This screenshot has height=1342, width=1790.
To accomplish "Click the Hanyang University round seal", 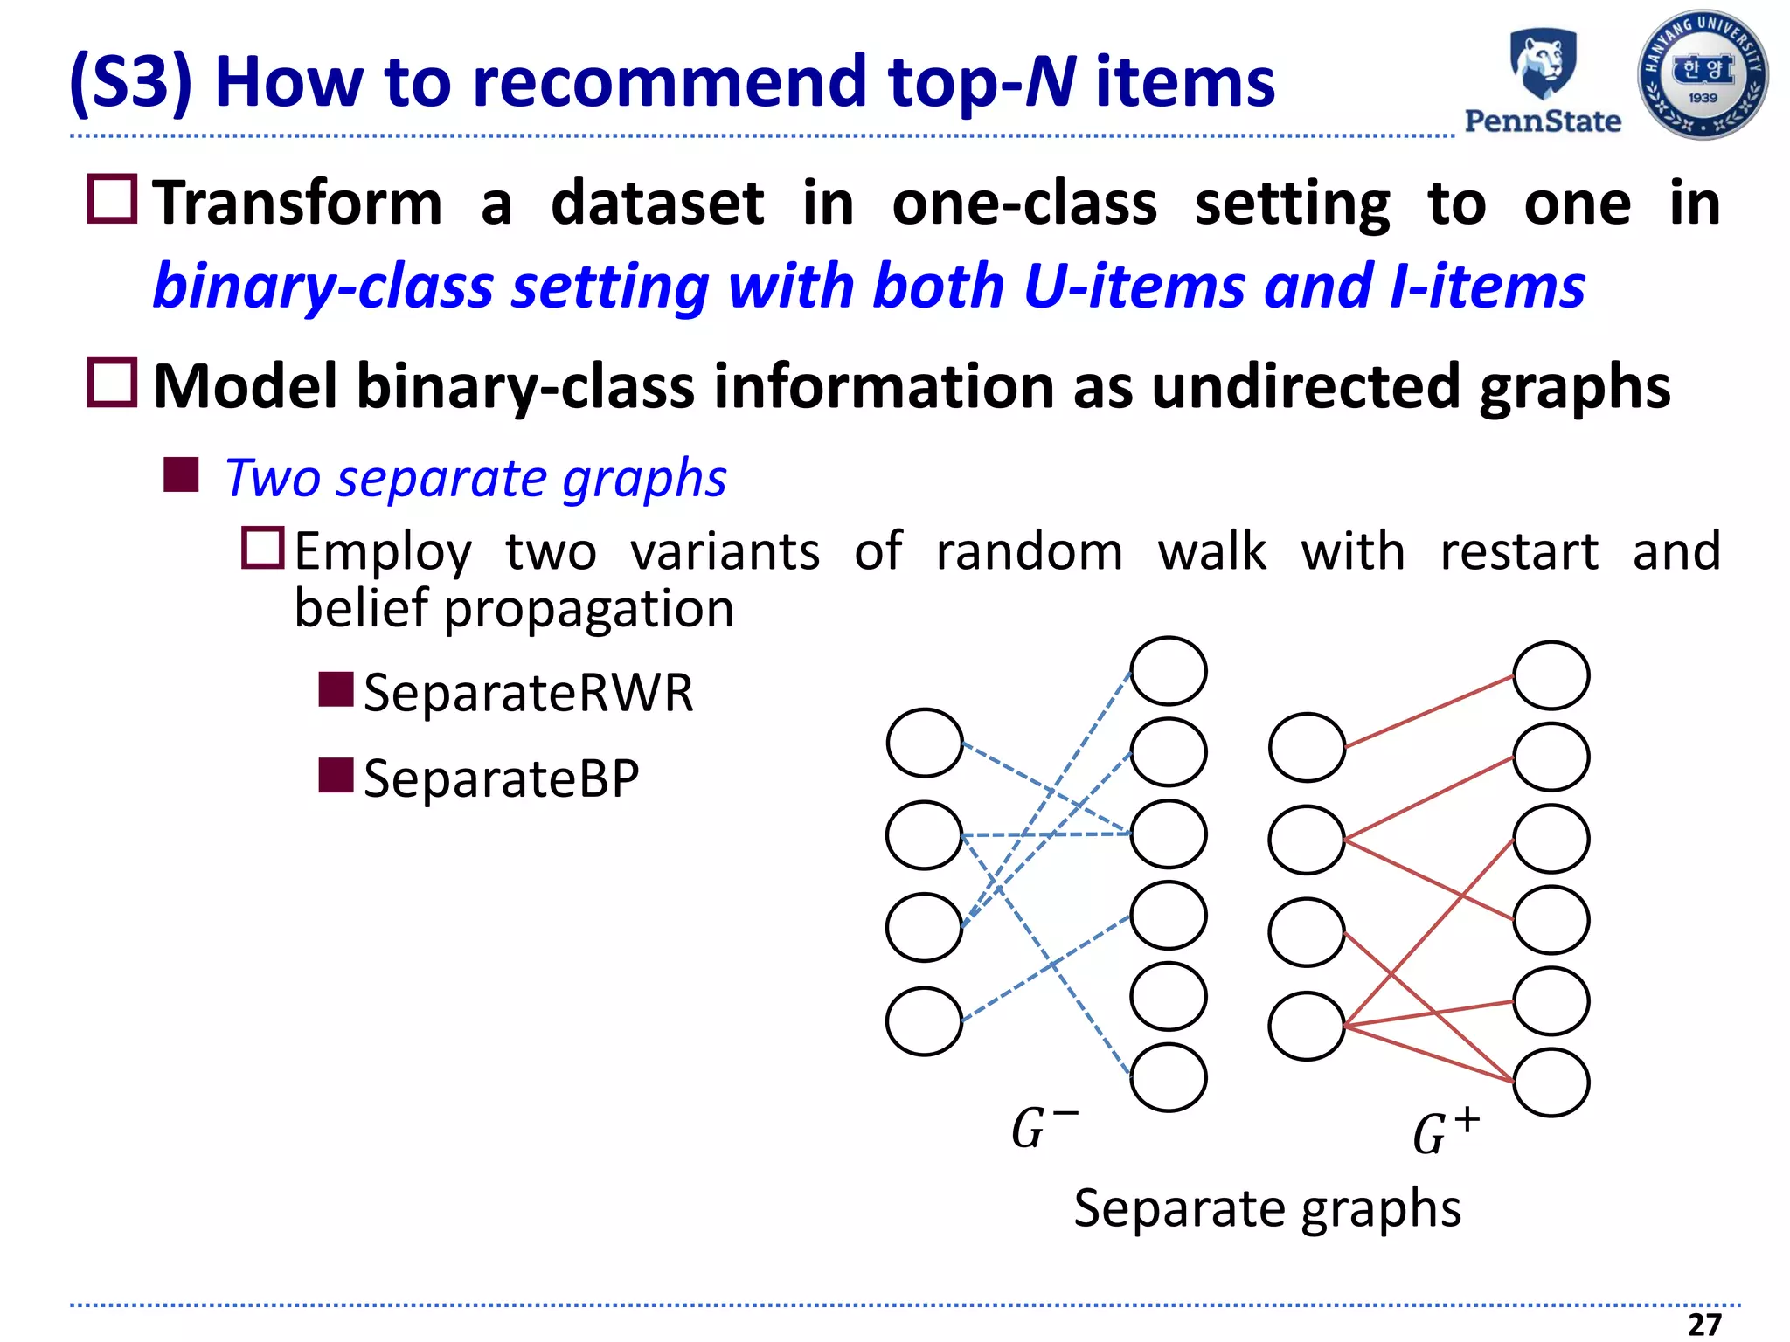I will pos(1703,75).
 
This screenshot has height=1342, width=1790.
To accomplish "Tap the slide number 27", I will pos(1704,1325).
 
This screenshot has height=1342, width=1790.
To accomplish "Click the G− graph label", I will pos(1044,1127).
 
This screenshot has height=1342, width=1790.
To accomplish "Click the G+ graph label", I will pos(1446,1132).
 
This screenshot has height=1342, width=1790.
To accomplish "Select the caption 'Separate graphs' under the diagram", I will pos(1267,1208).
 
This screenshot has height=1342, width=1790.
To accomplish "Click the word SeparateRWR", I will pos(528,693).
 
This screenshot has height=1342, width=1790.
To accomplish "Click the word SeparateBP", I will pos(501,778).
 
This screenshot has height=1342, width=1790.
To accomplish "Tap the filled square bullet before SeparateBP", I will pos(336,775).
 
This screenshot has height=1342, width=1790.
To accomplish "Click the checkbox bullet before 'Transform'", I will pos(113,199).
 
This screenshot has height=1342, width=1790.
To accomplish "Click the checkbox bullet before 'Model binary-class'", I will pos(113,383).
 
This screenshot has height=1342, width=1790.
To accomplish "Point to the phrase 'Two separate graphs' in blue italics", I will pos(475,479).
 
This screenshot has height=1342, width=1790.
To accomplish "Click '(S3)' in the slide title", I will pos(131,82).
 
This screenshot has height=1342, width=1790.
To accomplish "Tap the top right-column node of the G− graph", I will pos(1169,671).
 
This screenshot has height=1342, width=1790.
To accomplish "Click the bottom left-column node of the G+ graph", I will pos(1307,1026).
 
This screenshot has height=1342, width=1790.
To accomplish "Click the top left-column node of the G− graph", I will pos(925,743).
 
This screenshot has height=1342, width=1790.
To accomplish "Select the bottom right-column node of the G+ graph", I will pos(1551,1083).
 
